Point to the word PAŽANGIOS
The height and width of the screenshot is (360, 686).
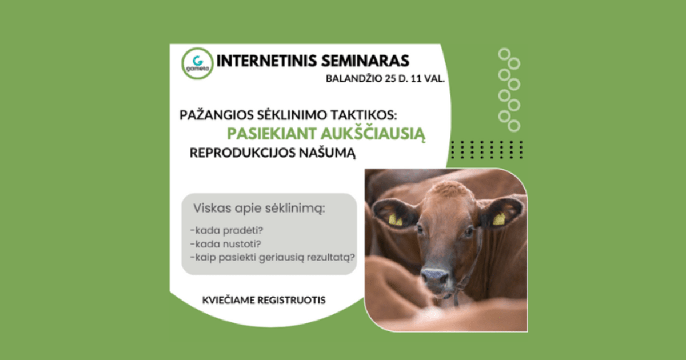click(215, 114)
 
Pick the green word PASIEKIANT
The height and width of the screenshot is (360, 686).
click(268, 133)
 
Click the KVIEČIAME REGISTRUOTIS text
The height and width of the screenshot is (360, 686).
click(264, 300)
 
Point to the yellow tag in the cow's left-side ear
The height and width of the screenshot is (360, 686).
click(395, 219)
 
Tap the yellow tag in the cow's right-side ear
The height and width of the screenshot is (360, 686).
click(499, 218)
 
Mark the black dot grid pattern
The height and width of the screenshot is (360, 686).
click(486, 149)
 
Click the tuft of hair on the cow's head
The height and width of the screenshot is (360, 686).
click(449, 189)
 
